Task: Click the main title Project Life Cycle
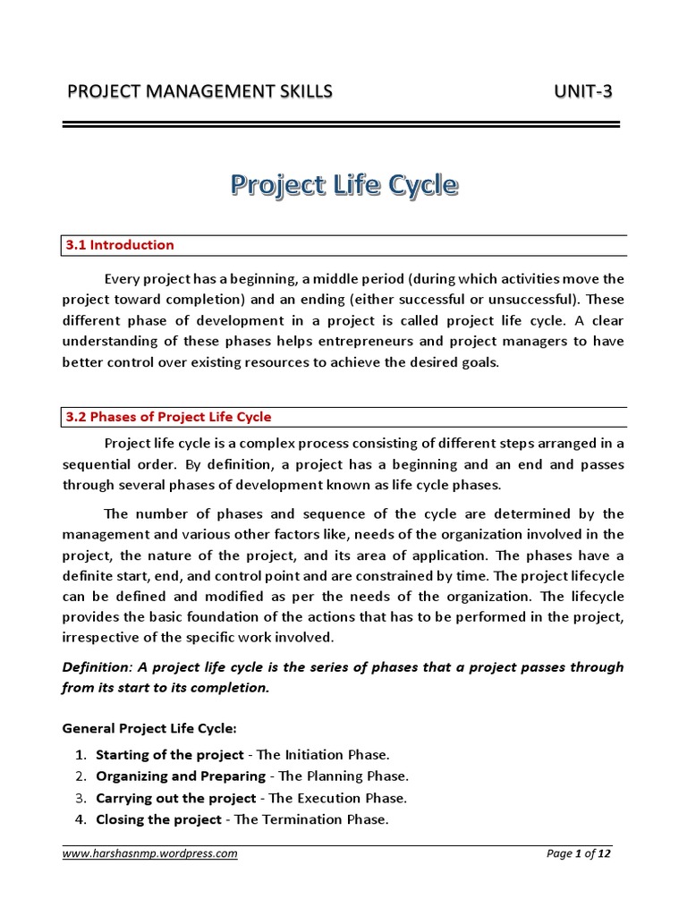[x=344, y=186]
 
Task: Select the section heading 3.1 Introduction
[x=120, y=245]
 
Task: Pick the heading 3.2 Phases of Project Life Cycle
[x=168, y=417]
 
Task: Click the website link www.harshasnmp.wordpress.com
[x=150, y=853]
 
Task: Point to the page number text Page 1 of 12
[x=579, y=853]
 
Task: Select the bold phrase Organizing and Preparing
[x=181, y=776]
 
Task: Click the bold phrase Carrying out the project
[x=176, y=797]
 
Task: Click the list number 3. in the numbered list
[x=81, y=797]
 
